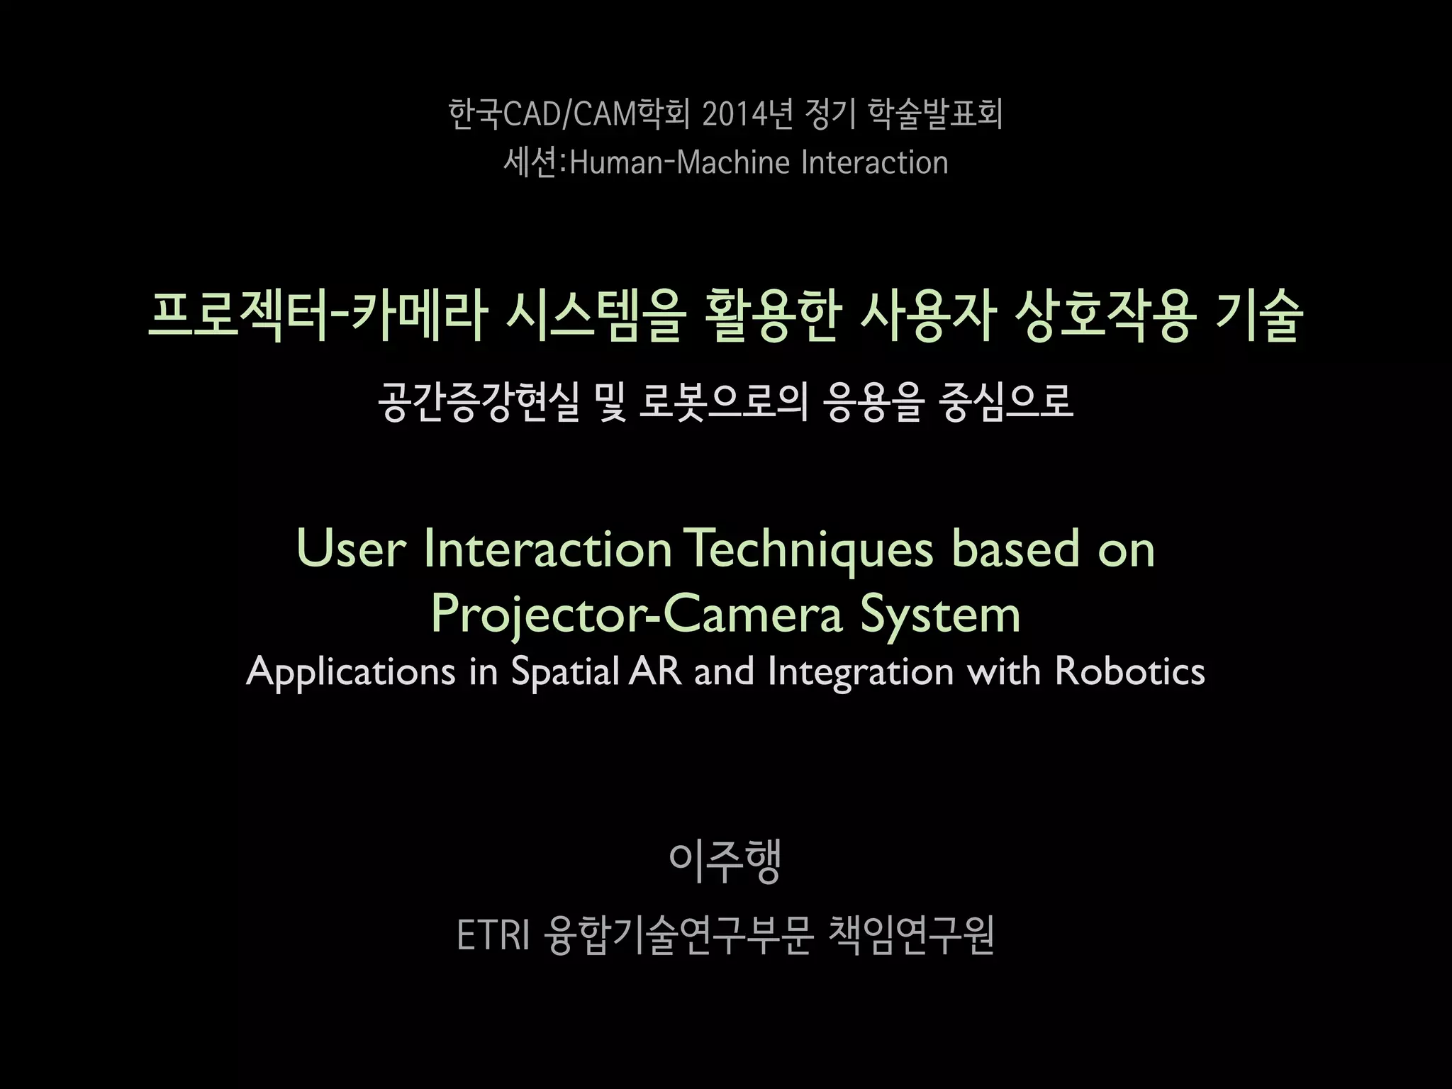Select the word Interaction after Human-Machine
874,163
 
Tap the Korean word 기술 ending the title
1259,316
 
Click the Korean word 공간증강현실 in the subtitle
479,402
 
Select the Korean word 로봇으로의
723,402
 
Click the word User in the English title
351,549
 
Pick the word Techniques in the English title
811,549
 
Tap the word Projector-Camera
636,614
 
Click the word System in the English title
940,614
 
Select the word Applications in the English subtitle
351,671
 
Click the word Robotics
1130,671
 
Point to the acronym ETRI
493,936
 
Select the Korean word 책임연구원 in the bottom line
911,936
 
